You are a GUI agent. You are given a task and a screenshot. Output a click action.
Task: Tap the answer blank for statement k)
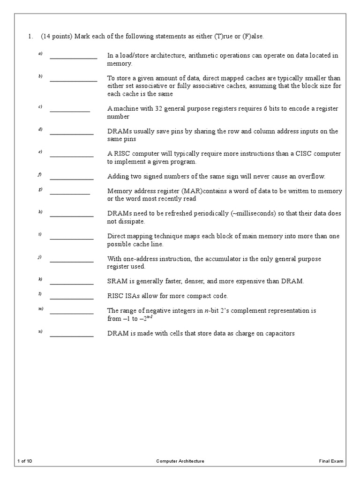click(71, 283)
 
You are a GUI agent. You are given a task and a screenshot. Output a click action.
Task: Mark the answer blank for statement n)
click(71, 335)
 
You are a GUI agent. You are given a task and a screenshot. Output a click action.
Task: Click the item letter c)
click(40, 107)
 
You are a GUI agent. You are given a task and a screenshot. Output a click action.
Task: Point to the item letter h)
click(40, 212)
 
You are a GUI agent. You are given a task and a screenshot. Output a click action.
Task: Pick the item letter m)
click(41, 309)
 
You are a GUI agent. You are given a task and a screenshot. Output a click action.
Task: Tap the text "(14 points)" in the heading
click(57, 37)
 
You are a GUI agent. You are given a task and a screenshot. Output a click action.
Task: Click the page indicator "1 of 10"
click(24, 461)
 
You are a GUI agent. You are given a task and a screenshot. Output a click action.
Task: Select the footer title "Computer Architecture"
click(180, 461)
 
